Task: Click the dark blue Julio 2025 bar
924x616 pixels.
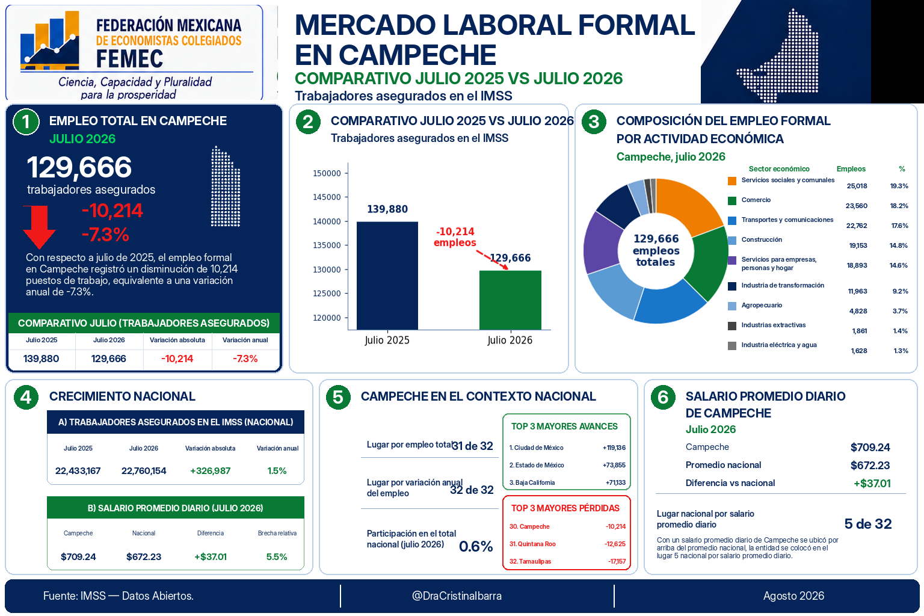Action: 387,276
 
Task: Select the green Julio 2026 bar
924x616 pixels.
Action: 510,300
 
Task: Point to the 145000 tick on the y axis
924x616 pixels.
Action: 327,197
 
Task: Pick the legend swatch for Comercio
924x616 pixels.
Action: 731,201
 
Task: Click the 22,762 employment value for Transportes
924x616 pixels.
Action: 857,226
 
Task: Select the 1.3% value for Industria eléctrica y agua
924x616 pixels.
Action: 901,351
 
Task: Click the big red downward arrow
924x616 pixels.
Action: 39,227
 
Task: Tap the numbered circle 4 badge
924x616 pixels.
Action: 26,397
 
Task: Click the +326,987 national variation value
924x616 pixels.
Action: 211,471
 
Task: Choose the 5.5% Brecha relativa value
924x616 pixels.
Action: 277,556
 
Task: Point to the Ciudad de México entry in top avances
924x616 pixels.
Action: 536,448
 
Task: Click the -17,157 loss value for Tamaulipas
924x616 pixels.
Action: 617,561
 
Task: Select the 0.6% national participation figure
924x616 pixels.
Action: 476,546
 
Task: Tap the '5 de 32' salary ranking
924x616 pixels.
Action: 868,524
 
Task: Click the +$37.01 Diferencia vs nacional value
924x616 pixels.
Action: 872,483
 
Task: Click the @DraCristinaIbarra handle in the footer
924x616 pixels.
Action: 457,596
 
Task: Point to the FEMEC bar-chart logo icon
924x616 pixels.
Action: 50,40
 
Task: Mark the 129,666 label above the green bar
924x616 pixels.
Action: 510,258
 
